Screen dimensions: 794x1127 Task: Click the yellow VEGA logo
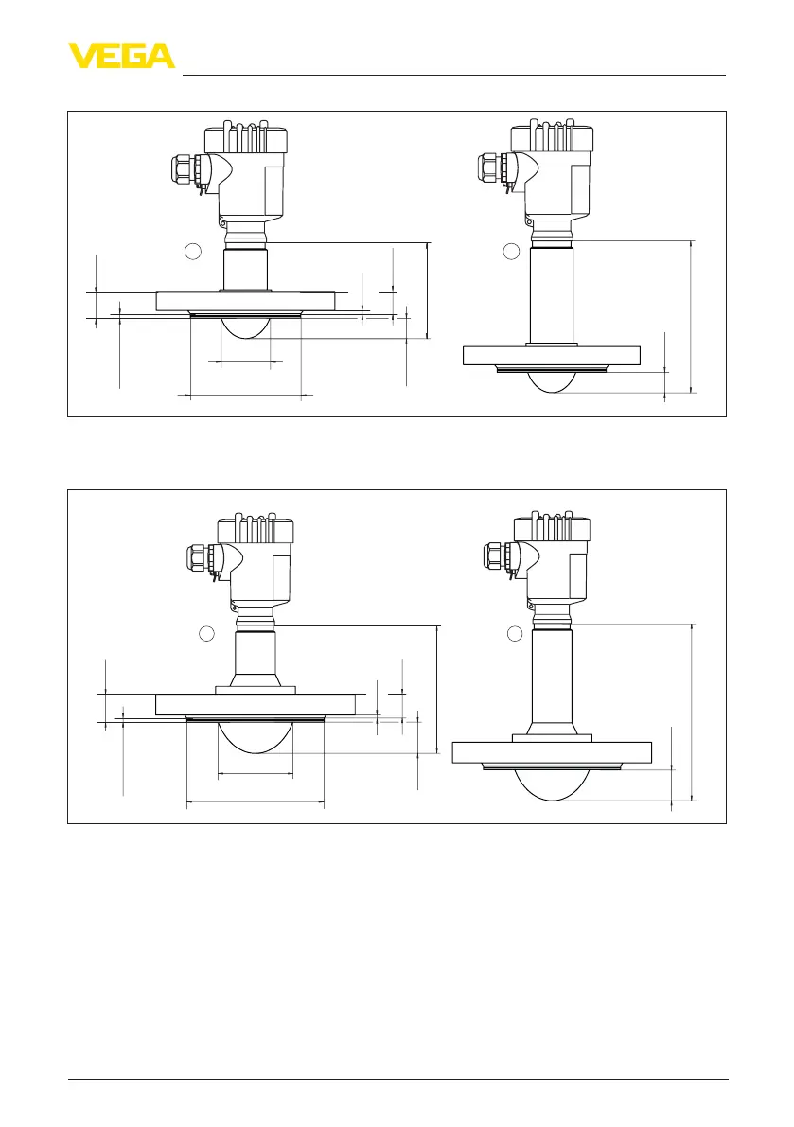121,56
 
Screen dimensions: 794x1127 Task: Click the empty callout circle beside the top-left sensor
192,251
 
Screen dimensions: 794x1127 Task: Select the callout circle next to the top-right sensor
511,251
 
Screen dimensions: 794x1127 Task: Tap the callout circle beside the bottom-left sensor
206,633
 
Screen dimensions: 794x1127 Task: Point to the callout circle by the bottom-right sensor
515,633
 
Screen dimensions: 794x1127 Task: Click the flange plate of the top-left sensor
246,301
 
